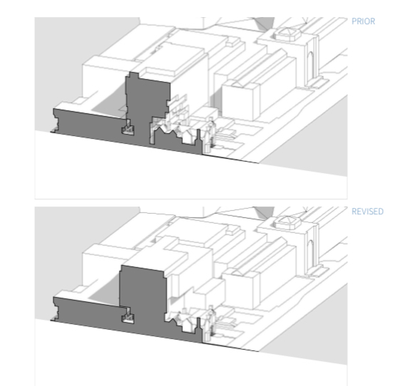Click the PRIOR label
tap(363, 21)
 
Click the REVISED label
tap(368, 212)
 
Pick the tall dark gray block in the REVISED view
tap(142, 301)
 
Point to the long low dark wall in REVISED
tap(87, 312)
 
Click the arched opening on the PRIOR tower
tap(311, 68)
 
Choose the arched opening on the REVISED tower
tap(311, 256)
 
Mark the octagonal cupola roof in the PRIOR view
tap(287, 34)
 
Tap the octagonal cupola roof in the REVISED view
tap(287, 221)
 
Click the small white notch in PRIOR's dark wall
tap(128, 130)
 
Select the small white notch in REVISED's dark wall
tap(128, 318)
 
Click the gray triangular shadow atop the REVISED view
tap(265, 212)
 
